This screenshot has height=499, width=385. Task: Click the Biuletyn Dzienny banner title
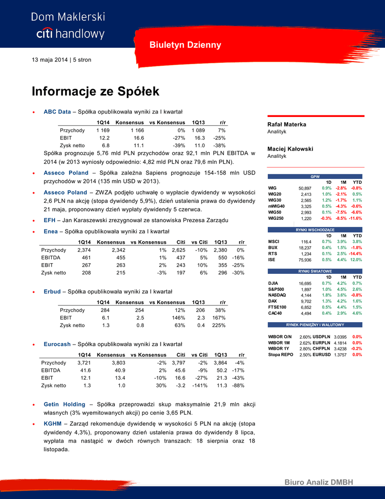(185, 45)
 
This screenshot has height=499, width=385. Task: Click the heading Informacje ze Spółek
(95, 92)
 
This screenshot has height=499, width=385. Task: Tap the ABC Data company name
(57, 112)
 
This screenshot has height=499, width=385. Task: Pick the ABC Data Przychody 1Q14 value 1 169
(103, 131)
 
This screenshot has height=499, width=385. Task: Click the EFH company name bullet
(49, 220)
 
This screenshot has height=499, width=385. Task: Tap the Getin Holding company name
(64, 404)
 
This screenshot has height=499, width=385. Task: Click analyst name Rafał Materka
(287, 124)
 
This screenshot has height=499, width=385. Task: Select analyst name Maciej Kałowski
(290, 149)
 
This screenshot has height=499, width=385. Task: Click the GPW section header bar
(315, 176)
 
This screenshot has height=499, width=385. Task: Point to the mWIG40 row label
(276, 206)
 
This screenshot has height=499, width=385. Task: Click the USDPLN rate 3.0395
(340, 337)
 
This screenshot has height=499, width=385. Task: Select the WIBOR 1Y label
(279, 349)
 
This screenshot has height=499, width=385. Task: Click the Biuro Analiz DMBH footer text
(319, 482)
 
